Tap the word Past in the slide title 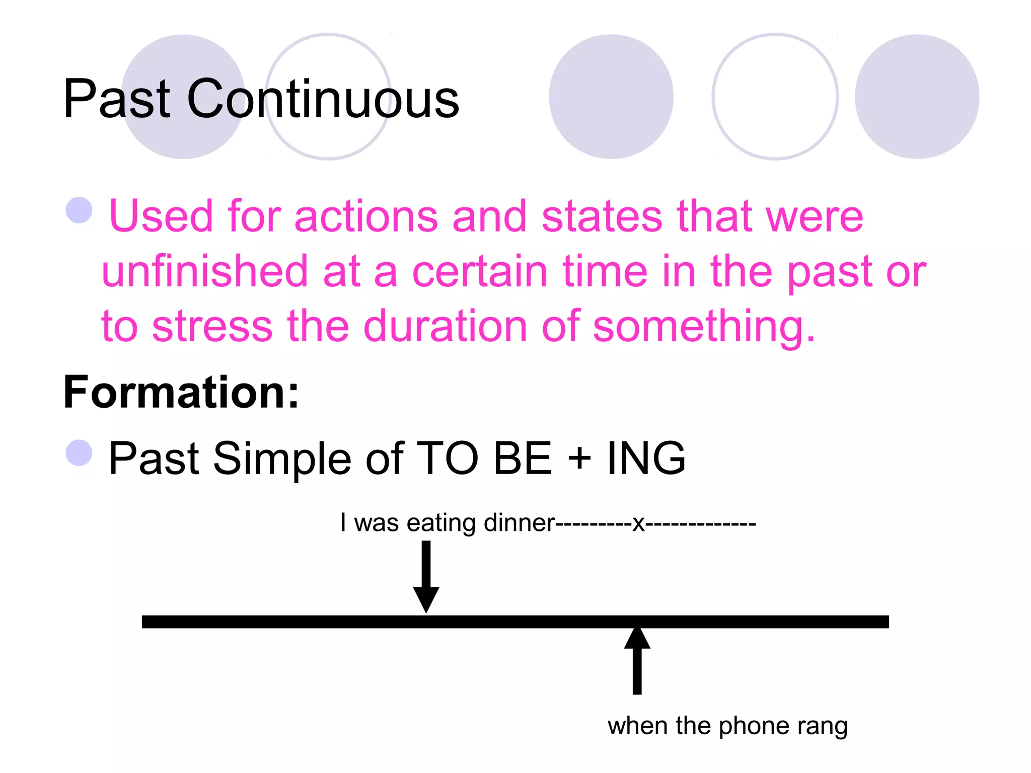(x=117, y=99)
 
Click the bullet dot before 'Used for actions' (x=80, y=210)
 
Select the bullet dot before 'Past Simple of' (x=80, y=452)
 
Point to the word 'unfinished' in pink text (x=204, y=272)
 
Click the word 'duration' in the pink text (x=446, y=327)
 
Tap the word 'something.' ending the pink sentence (x=704, y=328)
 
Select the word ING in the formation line (x=646, y=458)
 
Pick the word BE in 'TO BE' (x=523, y=458)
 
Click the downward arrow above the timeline (x=426, y=577)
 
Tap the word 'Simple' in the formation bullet (x=281, y=458)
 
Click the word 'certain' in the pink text (x=479, y=272)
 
